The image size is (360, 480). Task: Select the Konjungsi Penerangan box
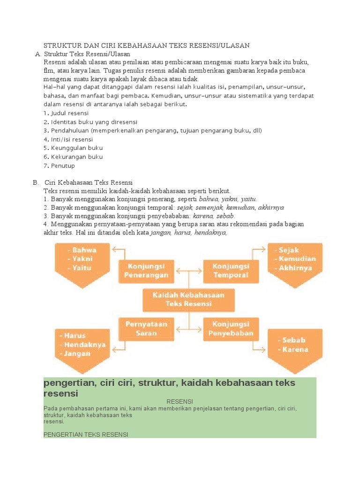click(146, 271)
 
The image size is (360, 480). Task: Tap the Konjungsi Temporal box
click(231, 271)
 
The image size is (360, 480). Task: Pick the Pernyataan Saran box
click(146, 329)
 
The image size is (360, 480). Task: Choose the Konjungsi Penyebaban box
click(231, 329)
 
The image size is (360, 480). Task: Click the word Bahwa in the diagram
click(84, 250)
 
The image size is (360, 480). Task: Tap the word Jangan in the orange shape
click(78, 354)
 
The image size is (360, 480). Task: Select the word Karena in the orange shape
click(295, 350)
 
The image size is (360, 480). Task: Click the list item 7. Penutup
click(59, 165)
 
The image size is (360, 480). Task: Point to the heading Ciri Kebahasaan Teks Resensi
click(89, 182)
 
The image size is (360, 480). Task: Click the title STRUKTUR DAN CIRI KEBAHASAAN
click(146, 45)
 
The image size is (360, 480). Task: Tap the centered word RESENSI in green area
click(180, 402)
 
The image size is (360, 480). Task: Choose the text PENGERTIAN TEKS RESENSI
click(85, 435)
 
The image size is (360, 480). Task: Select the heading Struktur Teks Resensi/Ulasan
click(89, 54)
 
